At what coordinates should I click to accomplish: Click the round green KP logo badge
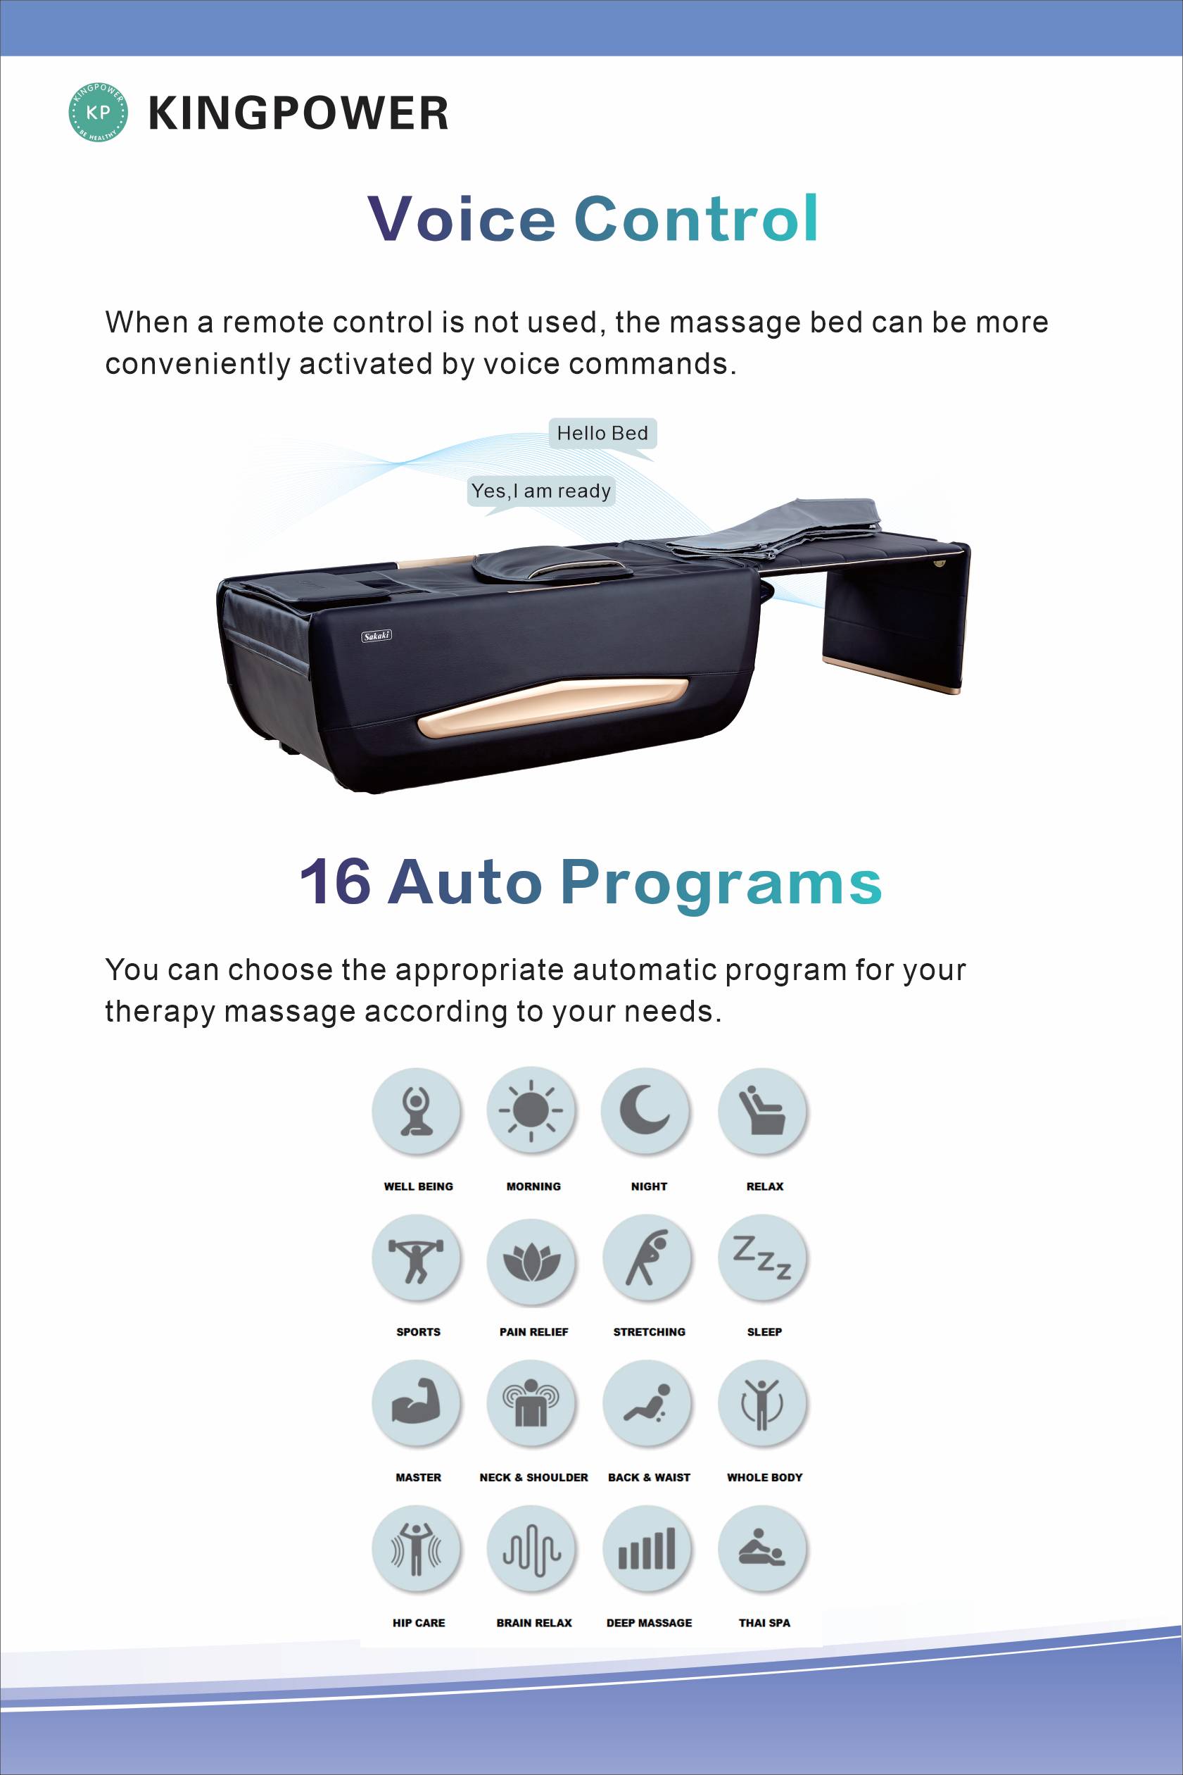[x=98, y=113]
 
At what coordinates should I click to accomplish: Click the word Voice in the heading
[x=462, y=218]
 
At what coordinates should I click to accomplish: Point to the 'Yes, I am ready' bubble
[x=541, y=494]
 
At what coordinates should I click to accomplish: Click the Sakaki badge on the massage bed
[x=377, y=636]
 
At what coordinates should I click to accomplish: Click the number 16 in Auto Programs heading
[x=336, y=881]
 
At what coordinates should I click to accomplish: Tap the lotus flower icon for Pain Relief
[x=532, y=1258]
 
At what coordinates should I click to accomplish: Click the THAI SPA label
[x=764, y=1622]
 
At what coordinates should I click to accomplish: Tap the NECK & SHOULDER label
[x=533, y=1477]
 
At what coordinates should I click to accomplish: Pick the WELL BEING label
[x=419, y=1186]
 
